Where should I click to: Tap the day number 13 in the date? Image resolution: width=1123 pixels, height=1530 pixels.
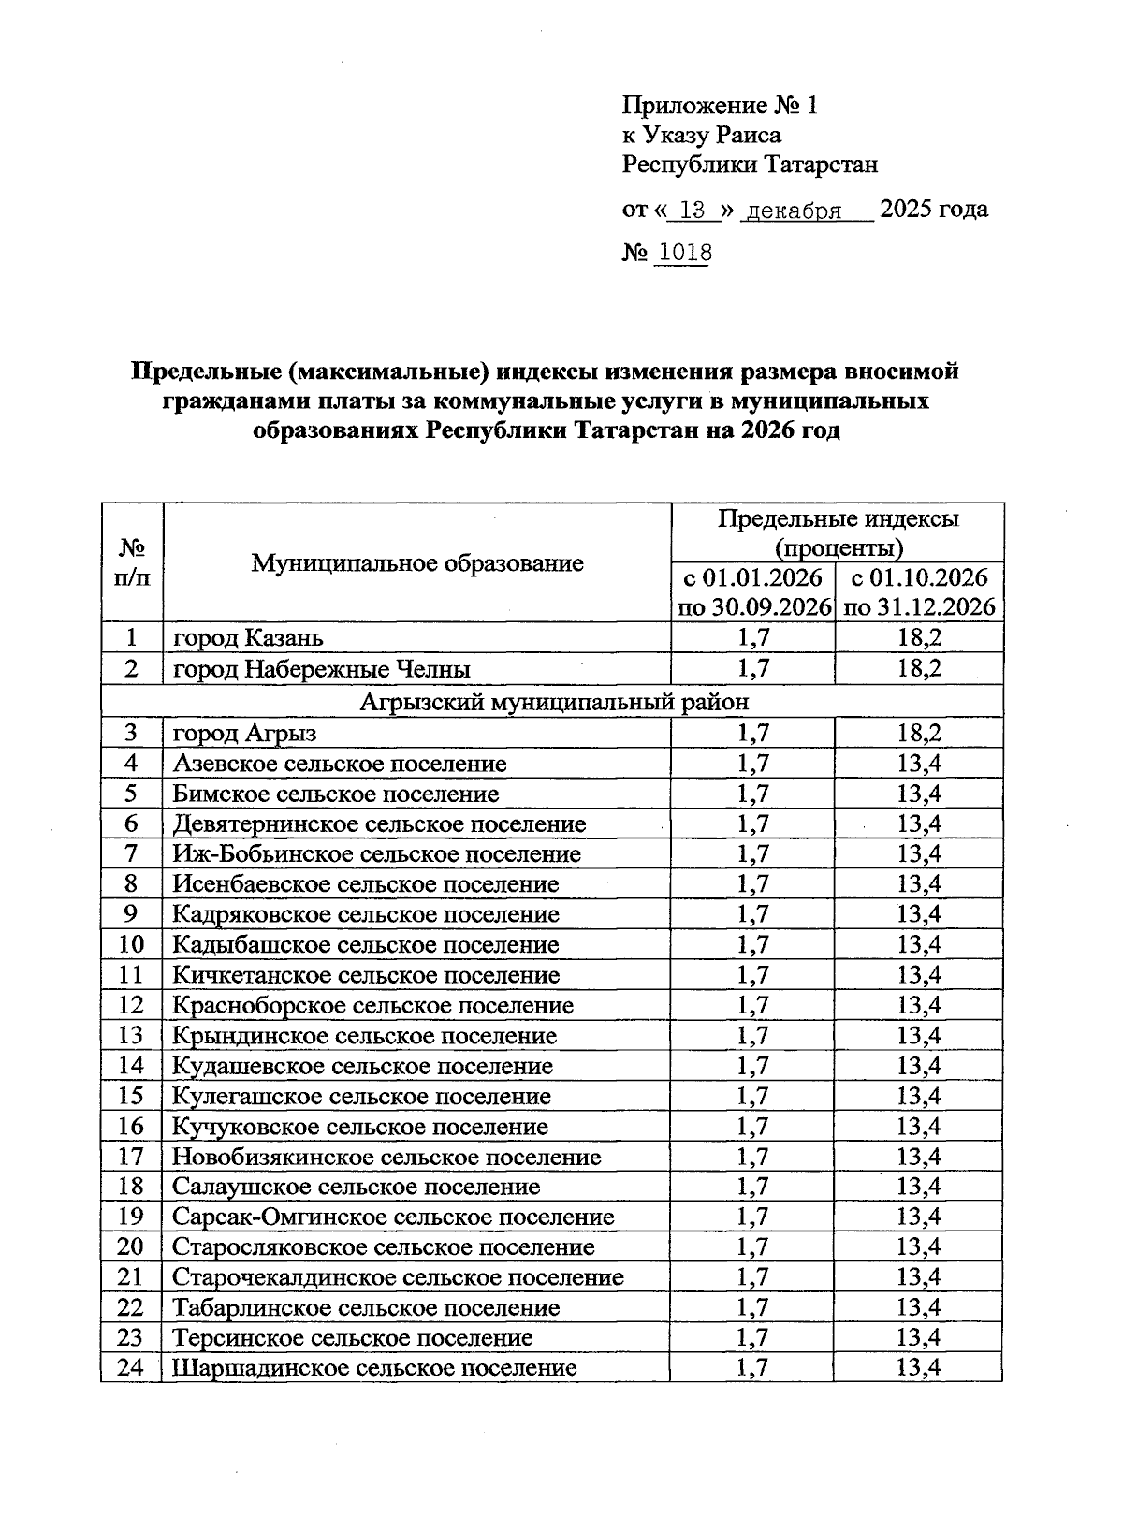click(693, 211)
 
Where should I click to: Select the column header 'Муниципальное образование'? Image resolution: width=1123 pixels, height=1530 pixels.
click(417, 562)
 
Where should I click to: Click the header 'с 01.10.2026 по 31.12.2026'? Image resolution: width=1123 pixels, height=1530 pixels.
click(919, 591)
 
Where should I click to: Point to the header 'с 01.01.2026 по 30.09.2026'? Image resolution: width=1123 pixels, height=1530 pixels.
click(754, 591)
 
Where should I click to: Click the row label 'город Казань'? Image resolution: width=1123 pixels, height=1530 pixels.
click(248, 638)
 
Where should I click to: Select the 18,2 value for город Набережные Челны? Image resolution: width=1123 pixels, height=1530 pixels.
click(919, 669)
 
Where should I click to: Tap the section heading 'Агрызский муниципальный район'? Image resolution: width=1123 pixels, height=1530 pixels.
click(554, 701)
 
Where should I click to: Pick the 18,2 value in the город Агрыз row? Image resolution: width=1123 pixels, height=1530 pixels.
click(919, 733)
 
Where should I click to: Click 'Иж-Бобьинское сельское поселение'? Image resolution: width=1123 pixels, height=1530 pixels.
click(376, 854)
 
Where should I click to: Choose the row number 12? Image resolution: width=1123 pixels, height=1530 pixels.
click(131, 1005)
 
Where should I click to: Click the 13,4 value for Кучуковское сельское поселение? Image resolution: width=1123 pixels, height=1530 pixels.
click(919, 1127)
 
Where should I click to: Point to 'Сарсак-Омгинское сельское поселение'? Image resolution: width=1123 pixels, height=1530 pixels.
click(393, 1217)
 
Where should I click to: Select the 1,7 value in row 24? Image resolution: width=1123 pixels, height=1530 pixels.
click(752, 1368)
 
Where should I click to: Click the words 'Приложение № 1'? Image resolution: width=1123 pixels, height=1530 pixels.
click(720, 106)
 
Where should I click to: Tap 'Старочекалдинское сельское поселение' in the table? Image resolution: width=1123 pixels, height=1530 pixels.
click(398, 1277)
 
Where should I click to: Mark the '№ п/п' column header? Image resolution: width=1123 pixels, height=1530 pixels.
click(132, 562)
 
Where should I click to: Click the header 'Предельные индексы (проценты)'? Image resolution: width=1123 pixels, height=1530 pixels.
click(838, 532)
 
